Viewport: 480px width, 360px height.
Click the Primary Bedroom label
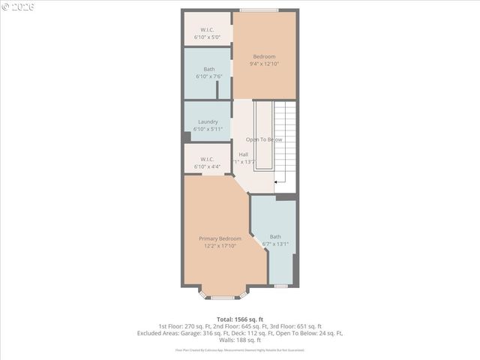220,238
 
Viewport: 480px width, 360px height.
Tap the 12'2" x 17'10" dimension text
220,246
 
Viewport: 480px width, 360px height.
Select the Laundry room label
208,121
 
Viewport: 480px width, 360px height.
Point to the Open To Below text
264,139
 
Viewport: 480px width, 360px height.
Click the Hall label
244,154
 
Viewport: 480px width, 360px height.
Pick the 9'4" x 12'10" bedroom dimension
264,64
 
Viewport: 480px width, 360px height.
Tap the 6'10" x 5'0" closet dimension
208,37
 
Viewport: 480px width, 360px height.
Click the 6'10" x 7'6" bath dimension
208,76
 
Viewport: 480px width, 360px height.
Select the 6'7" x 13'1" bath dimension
275,244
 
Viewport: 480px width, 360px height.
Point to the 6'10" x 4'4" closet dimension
208,166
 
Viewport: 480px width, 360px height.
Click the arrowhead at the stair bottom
277,181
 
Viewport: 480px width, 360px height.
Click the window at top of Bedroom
259,10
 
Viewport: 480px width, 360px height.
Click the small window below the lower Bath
280,286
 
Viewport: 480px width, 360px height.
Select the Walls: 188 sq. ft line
240,340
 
